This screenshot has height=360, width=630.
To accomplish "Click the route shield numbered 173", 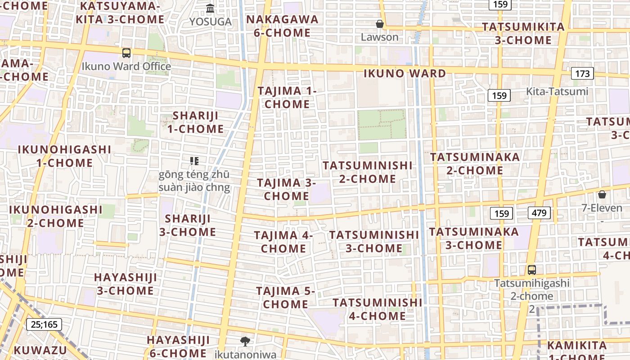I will pos(582,73).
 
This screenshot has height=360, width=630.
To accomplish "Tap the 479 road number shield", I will pos(539,213).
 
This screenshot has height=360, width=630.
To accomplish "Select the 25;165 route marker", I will pos(44,324).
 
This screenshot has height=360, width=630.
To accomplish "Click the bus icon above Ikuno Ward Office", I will pos(126,53).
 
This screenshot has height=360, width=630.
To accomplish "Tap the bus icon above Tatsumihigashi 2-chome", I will pos(532,270).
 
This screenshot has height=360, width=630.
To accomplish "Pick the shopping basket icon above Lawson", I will pos(380,24).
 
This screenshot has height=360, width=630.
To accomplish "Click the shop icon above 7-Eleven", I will pos(602,194).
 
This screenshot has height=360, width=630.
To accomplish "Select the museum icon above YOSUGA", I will pos(210,8).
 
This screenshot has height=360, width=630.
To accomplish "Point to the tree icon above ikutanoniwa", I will pos(245,341).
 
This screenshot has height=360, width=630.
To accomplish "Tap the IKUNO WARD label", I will pos(405,73).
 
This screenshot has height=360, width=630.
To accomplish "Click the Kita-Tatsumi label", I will pos(557,91).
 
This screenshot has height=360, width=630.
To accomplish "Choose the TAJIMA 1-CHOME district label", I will pos(287,97).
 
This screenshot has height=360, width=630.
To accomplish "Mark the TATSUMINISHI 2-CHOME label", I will pos(368,172).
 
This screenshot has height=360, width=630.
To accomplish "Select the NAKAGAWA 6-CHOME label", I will pos(282,26).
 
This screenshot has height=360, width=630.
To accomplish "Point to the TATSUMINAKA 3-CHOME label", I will pos(474,238).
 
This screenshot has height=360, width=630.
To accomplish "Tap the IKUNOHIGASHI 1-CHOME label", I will pos(64,156).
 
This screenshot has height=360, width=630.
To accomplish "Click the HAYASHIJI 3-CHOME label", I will pos(126,284).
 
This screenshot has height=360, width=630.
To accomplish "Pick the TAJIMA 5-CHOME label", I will pos(285,297).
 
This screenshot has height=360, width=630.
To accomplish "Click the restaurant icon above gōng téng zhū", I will pos(194,161).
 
